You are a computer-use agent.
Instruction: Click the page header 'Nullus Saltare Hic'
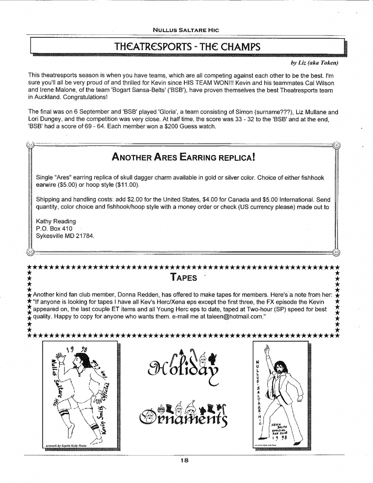pyautogui.click(x=187, y=30)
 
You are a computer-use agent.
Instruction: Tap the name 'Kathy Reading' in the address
pyautogui.click(x=56, y=221)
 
